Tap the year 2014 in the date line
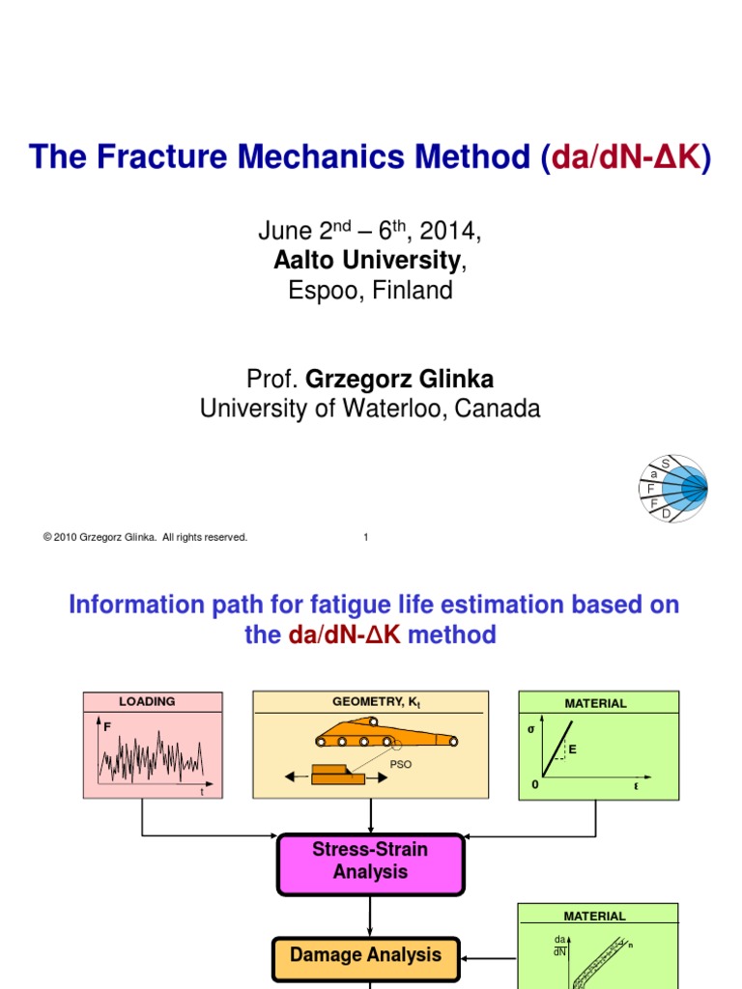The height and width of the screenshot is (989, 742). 447,232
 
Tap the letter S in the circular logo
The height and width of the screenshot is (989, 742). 665,466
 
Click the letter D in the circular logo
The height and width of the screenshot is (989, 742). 666,515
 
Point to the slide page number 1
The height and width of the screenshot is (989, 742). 366,538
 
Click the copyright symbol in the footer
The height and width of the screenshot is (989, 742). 46,538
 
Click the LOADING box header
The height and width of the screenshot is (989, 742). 147,702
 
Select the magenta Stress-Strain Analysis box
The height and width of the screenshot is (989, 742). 370,861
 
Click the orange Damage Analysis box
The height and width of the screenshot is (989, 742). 365,955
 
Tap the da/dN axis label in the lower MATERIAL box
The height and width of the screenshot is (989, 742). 559,945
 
